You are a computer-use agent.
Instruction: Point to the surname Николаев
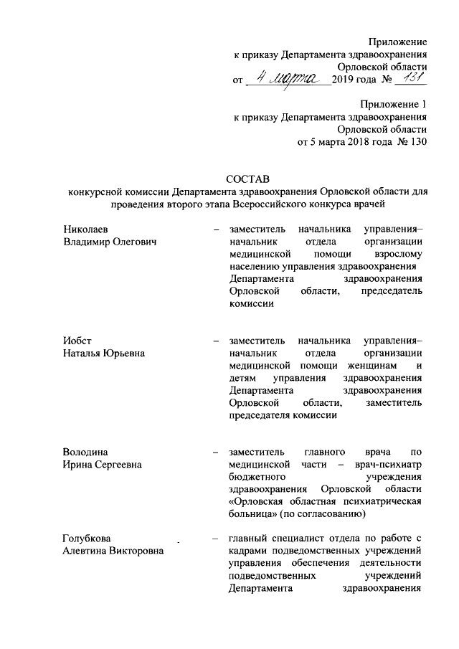(x=85, y=229)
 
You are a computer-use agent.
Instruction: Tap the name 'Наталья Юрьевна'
(x=104, y=353)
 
